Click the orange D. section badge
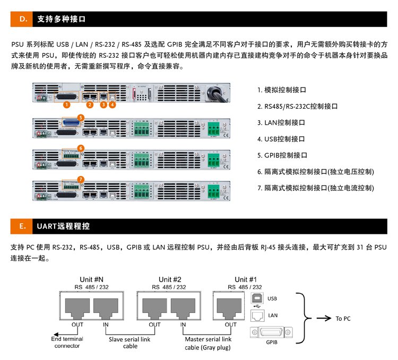click(23, 19)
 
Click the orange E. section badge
click(23, 226)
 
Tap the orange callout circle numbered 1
click(66, 105)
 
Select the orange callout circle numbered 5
click(81, 117)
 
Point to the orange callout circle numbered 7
click(81, 180)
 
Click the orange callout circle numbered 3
click(104, 105)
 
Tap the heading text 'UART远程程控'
click(63, 226)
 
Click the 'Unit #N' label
click(91, 279)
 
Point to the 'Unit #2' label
click(170, 279)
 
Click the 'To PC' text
click(343, 319)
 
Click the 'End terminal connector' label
click(66, 343)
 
